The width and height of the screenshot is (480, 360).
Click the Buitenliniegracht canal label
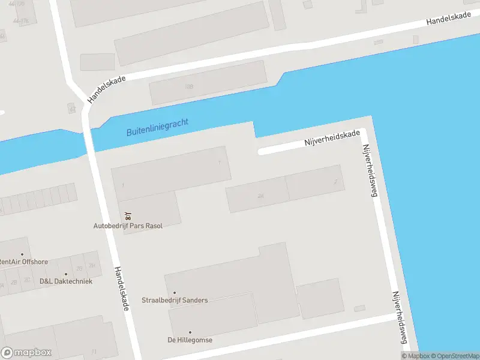click(157, 127)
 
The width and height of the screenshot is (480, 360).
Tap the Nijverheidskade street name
click(332, 139)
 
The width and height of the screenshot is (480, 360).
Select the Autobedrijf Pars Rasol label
click(128, 226)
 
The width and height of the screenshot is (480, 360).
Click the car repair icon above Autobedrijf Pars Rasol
click(128, 215)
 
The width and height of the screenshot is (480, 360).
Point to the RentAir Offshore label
click(24, 262)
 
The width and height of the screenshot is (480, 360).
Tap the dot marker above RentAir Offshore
click(22, 254)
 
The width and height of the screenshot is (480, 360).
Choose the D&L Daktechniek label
click(66, 281)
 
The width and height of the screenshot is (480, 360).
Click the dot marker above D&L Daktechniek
click(66, 274)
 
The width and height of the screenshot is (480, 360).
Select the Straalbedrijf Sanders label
click(175, 300)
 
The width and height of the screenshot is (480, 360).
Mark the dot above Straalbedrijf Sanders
click(175, 293)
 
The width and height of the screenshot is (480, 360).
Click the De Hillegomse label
click(190, 340)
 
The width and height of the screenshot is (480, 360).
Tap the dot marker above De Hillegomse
click(190, 332)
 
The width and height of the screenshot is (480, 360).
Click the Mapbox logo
click(26, 352)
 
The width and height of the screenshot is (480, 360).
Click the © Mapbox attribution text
click(415, 356)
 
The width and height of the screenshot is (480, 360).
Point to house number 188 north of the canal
click(190, 87)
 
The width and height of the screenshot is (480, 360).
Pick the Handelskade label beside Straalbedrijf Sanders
click(122, 289)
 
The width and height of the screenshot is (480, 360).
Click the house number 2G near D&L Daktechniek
click(78, 268)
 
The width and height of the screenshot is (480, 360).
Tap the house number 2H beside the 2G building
click(92, 265)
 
